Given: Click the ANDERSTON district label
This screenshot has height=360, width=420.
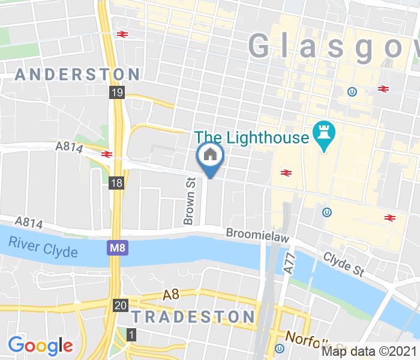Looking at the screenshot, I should click(78, 74).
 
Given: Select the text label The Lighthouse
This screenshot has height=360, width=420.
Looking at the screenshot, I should click(251, 137).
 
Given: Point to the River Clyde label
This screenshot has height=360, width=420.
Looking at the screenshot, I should click(43, 247).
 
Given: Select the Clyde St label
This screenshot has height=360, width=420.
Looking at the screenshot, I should click(344, 263).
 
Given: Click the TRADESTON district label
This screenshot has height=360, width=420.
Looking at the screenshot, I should click(193, 316).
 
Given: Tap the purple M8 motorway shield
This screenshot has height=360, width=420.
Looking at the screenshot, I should click(118, 247).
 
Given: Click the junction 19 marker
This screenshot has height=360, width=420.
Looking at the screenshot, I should click(116, 92).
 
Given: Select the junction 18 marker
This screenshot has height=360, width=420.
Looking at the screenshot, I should click(117, 183).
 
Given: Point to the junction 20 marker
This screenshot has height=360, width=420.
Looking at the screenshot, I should click(120, 305).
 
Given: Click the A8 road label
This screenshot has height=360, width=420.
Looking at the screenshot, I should click(172, 295).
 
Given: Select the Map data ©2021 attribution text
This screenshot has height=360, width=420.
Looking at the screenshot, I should click(370, 350).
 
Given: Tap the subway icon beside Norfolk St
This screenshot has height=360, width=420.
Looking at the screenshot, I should click(280, 349).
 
